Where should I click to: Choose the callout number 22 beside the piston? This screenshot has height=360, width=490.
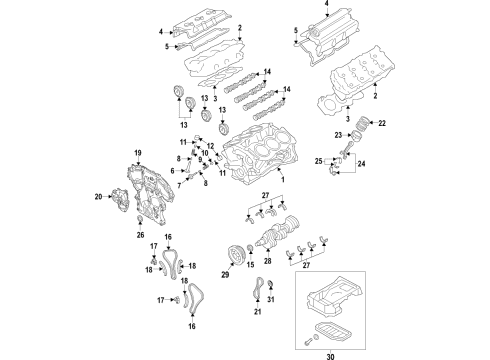381,123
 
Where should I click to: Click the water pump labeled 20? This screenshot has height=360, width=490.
119,197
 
